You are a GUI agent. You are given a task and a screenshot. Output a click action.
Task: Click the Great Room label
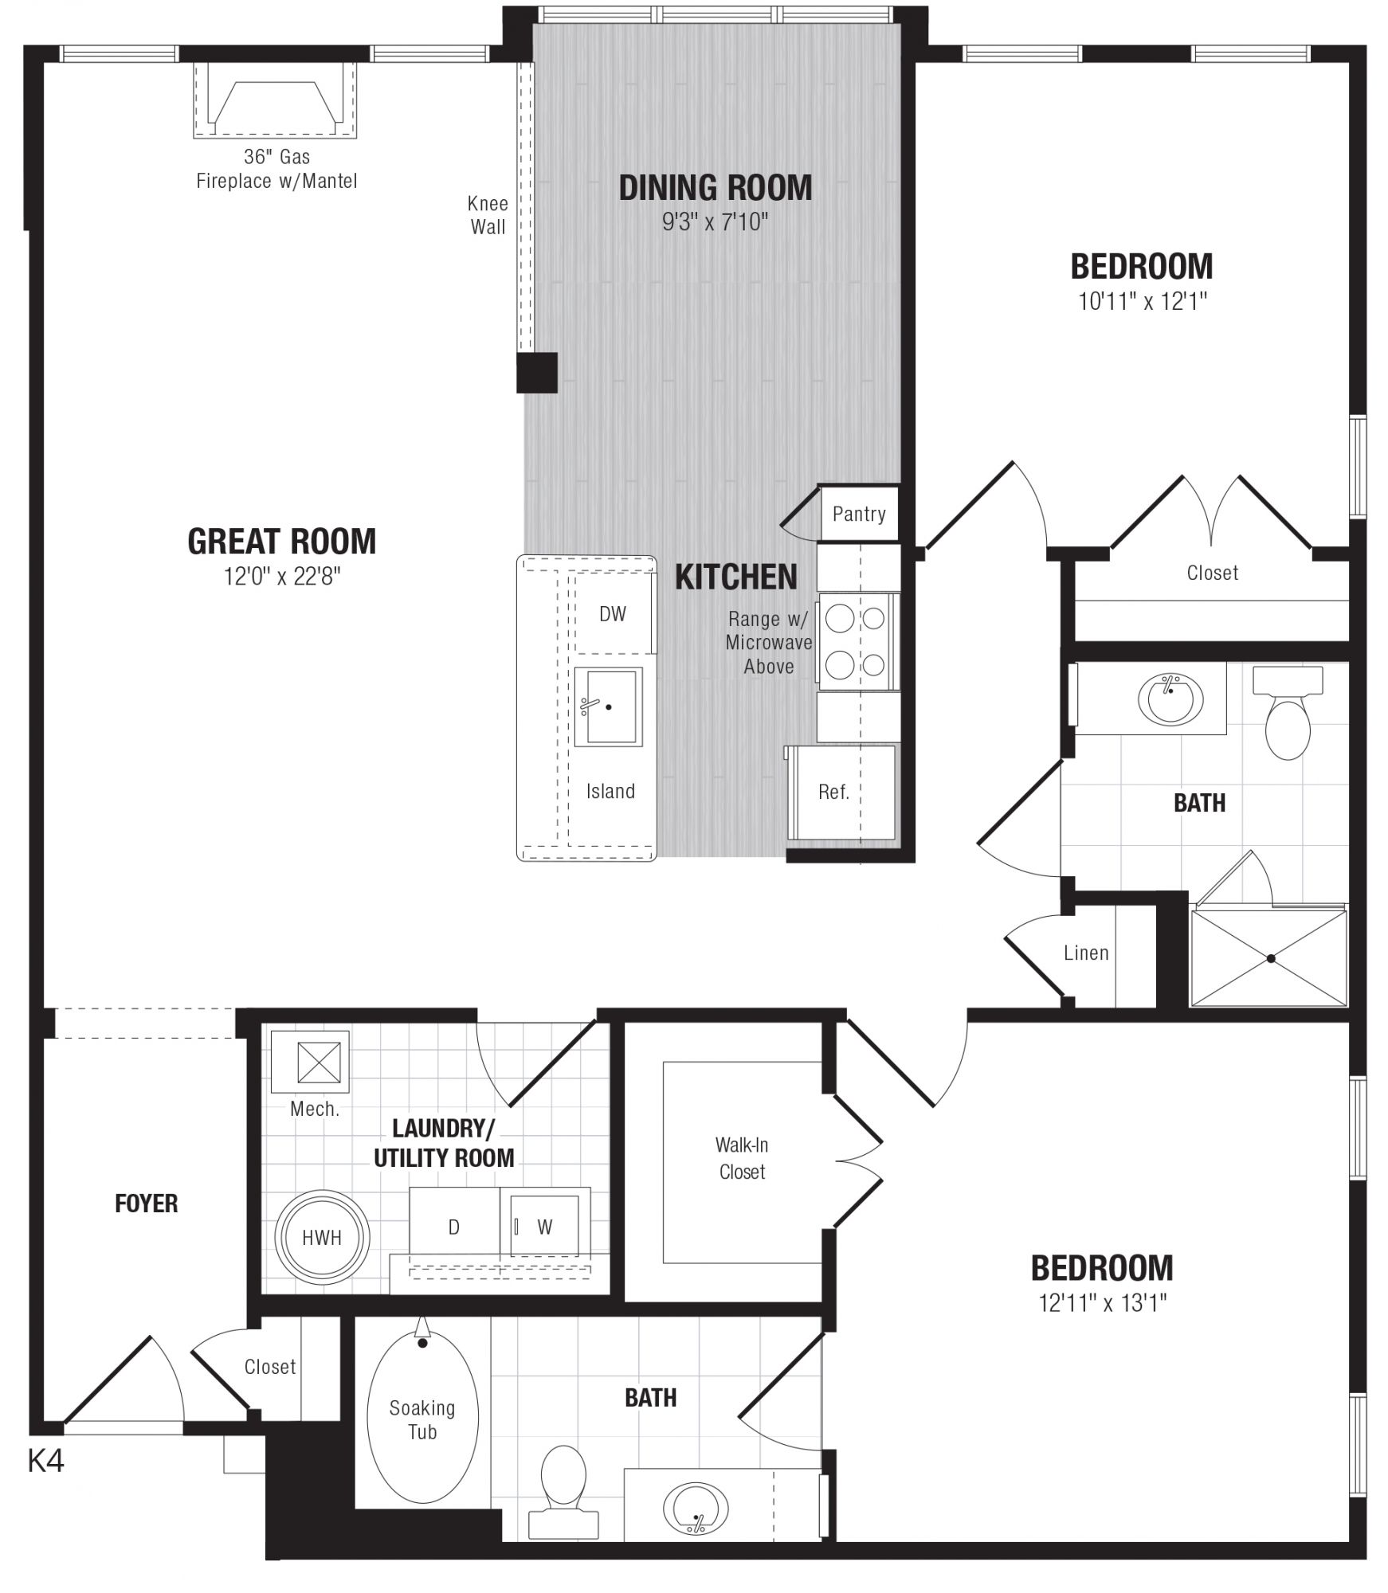point(281,542)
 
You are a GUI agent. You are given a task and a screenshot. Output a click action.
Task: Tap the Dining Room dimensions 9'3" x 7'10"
point(715,222)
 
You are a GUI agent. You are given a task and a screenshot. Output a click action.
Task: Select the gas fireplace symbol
point(275,100)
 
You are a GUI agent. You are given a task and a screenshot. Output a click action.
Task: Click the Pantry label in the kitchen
point(859,514)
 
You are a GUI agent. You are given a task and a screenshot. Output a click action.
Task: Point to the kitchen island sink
point(609,706)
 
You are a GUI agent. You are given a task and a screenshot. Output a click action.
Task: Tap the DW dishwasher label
point(613,613)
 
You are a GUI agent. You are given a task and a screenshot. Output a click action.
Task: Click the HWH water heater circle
point(322,1237)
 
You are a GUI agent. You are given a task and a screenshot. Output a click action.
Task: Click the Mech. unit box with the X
point(310,1062)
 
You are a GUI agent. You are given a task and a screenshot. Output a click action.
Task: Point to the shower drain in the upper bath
point(1271,958)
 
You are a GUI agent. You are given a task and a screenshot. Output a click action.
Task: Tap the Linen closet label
point(1086,953)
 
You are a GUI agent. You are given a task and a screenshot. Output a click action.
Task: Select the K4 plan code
point(45,1461)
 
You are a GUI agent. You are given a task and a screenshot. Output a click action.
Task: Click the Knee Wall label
point(488,215)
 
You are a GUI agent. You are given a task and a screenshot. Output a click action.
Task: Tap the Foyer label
point(147,1204)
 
